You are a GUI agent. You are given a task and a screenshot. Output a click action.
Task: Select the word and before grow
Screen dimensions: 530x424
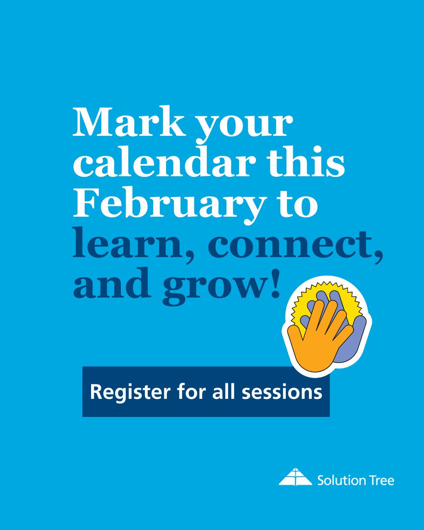(x=113, y=285)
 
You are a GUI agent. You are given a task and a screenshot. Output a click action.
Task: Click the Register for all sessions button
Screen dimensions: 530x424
(x=206, y=392)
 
